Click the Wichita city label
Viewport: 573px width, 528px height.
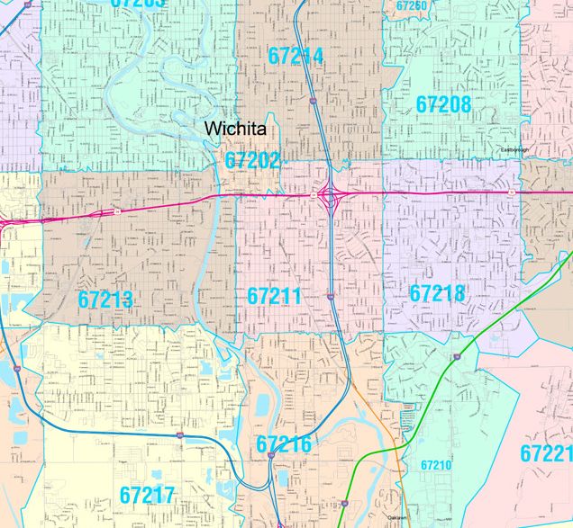click(235, 129)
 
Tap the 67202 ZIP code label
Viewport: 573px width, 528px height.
click(252, 161)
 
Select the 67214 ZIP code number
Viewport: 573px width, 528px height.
click(296, 56)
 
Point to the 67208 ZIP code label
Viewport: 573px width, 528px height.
click(443, 104)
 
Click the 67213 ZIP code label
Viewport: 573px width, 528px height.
click(105, 300)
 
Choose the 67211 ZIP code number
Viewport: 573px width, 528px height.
click(274, 296)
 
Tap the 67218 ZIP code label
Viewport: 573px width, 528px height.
click(437, 293)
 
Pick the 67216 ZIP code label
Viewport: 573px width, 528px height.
click(284, 444)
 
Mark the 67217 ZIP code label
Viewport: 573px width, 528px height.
click(147, 494)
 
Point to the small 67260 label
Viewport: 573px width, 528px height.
click(411, 6)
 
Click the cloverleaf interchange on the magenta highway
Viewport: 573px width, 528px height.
click(331, 193)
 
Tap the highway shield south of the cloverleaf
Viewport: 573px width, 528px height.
click(331, 295)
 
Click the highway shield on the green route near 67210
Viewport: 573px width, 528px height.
click(459, 357)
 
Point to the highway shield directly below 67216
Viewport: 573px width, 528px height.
click(270, 457)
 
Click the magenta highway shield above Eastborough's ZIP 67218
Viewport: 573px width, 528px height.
click(510, 192)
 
